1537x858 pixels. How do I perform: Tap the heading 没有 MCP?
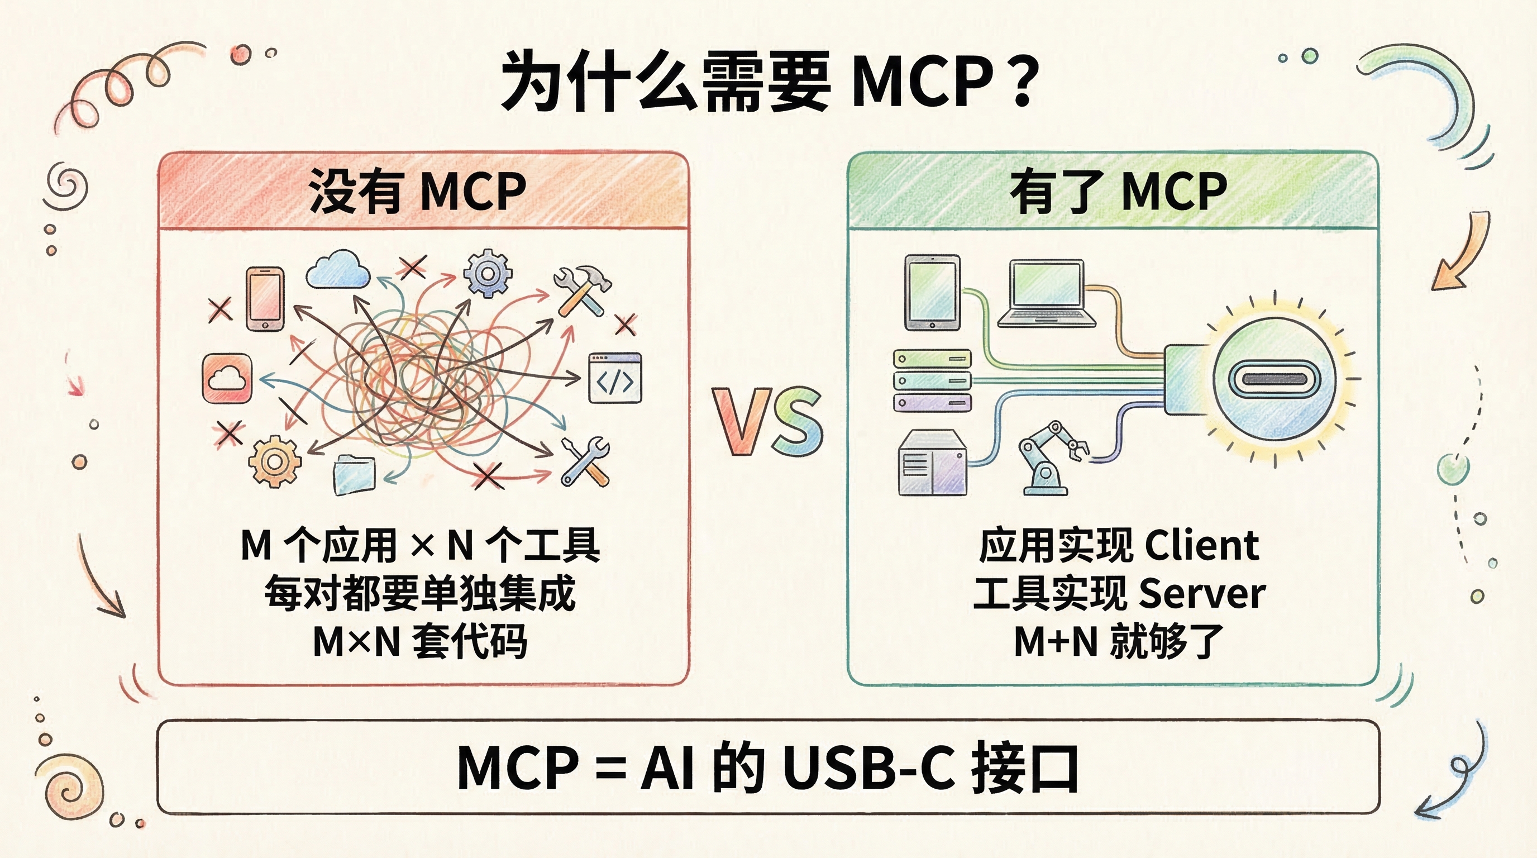click(x=417, y=192)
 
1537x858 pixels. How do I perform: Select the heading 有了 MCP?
click(x=1118, y=192)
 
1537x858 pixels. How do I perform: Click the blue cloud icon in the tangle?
click(x=338, y=270)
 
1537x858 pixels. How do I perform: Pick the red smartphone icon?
click(x=265, y=299)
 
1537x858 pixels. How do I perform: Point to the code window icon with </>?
click(x=615, y=378)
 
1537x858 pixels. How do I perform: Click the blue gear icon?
click(x=488, y=274)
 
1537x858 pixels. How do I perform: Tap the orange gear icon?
click(x=274, y=461)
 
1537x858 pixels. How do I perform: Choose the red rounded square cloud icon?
click(x=227, y=378)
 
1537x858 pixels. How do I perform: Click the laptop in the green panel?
click(x=1047, y=294)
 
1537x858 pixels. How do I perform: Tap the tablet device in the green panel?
click(x=932, y=292)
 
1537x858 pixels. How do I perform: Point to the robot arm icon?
click(x=1050, y=458)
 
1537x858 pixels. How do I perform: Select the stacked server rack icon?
click(x=932, y=380)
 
